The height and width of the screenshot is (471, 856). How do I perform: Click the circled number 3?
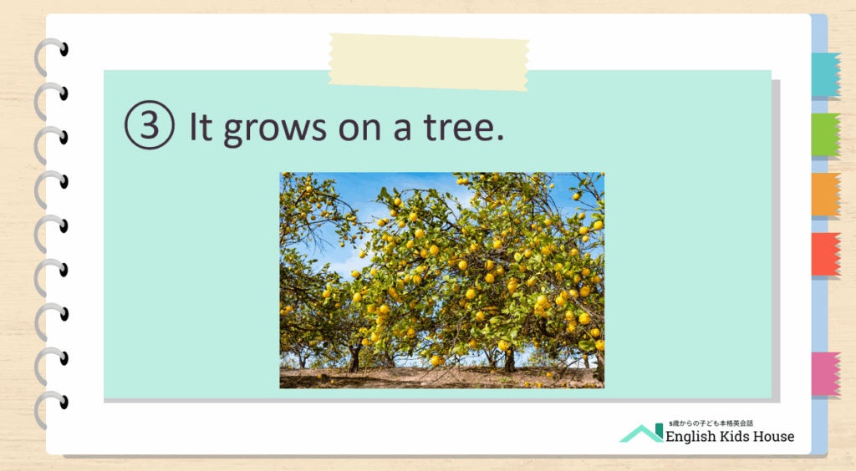point(150,124)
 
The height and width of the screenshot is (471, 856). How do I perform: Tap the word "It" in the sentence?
point(200,126)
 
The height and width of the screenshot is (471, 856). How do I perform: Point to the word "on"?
point(360,130)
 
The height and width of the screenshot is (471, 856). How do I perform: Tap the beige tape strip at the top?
point(429,62)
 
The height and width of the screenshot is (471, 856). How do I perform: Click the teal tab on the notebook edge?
point(825,74)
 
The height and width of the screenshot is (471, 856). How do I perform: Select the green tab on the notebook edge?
point(825,134)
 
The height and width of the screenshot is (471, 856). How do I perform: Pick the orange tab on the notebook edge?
point(825,195)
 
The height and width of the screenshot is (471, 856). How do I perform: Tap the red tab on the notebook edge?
point(825,255)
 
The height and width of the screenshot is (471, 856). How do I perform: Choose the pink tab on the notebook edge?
point(825,374)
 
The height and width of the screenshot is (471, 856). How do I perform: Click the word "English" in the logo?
point(690,437)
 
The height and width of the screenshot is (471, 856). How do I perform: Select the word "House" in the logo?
point(773,436)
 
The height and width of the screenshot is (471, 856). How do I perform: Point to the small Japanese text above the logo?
point(711,423)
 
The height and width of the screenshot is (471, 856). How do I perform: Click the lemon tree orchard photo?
point(441,281)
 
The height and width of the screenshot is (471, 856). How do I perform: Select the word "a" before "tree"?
point(402,130)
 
